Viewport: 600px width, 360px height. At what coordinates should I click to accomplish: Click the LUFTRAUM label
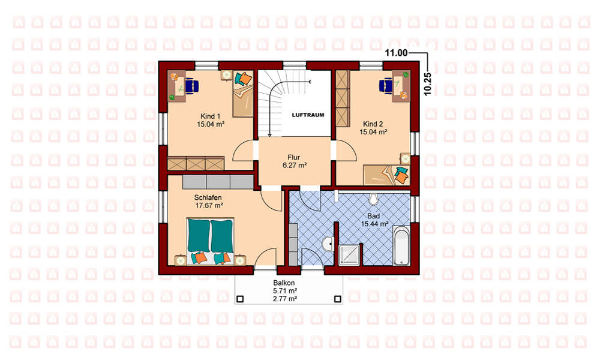point(308,115)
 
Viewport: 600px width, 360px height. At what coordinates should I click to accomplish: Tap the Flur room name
point(293,157)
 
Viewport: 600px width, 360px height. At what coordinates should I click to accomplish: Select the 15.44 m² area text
point(374,224)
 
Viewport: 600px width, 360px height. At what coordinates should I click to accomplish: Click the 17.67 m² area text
point(209,205)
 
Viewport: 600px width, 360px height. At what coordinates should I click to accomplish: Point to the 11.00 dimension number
point(396,53)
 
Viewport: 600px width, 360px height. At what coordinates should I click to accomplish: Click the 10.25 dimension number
point(428,84)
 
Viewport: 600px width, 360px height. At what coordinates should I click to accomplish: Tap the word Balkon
point(284,283)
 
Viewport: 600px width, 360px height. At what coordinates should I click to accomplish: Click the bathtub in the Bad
point(401,245)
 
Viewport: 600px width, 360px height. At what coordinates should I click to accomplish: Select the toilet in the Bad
point(373,199)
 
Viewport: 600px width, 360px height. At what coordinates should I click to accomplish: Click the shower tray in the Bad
point(350,255)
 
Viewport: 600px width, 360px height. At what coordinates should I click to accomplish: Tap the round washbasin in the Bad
point(328,244)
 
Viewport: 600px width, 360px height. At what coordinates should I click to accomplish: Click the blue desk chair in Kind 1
point(193,85)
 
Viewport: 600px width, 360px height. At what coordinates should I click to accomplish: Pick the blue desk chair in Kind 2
point(386,85)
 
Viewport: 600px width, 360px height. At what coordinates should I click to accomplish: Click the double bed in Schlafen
point(210,241)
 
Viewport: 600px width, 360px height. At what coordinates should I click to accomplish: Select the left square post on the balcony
point(240,299)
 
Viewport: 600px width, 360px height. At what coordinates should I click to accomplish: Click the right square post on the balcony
point(338,299)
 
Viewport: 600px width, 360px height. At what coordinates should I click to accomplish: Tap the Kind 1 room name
point(211,116)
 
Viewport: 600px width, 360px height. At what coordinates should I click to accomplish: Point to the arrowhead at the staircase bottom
point(270,134)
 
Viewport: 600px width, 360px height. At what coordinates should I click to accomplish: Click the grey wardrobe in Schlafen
point(218,182)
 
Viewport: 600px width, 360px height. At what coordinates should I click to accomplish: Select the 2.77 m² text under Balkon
point(285,299)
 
